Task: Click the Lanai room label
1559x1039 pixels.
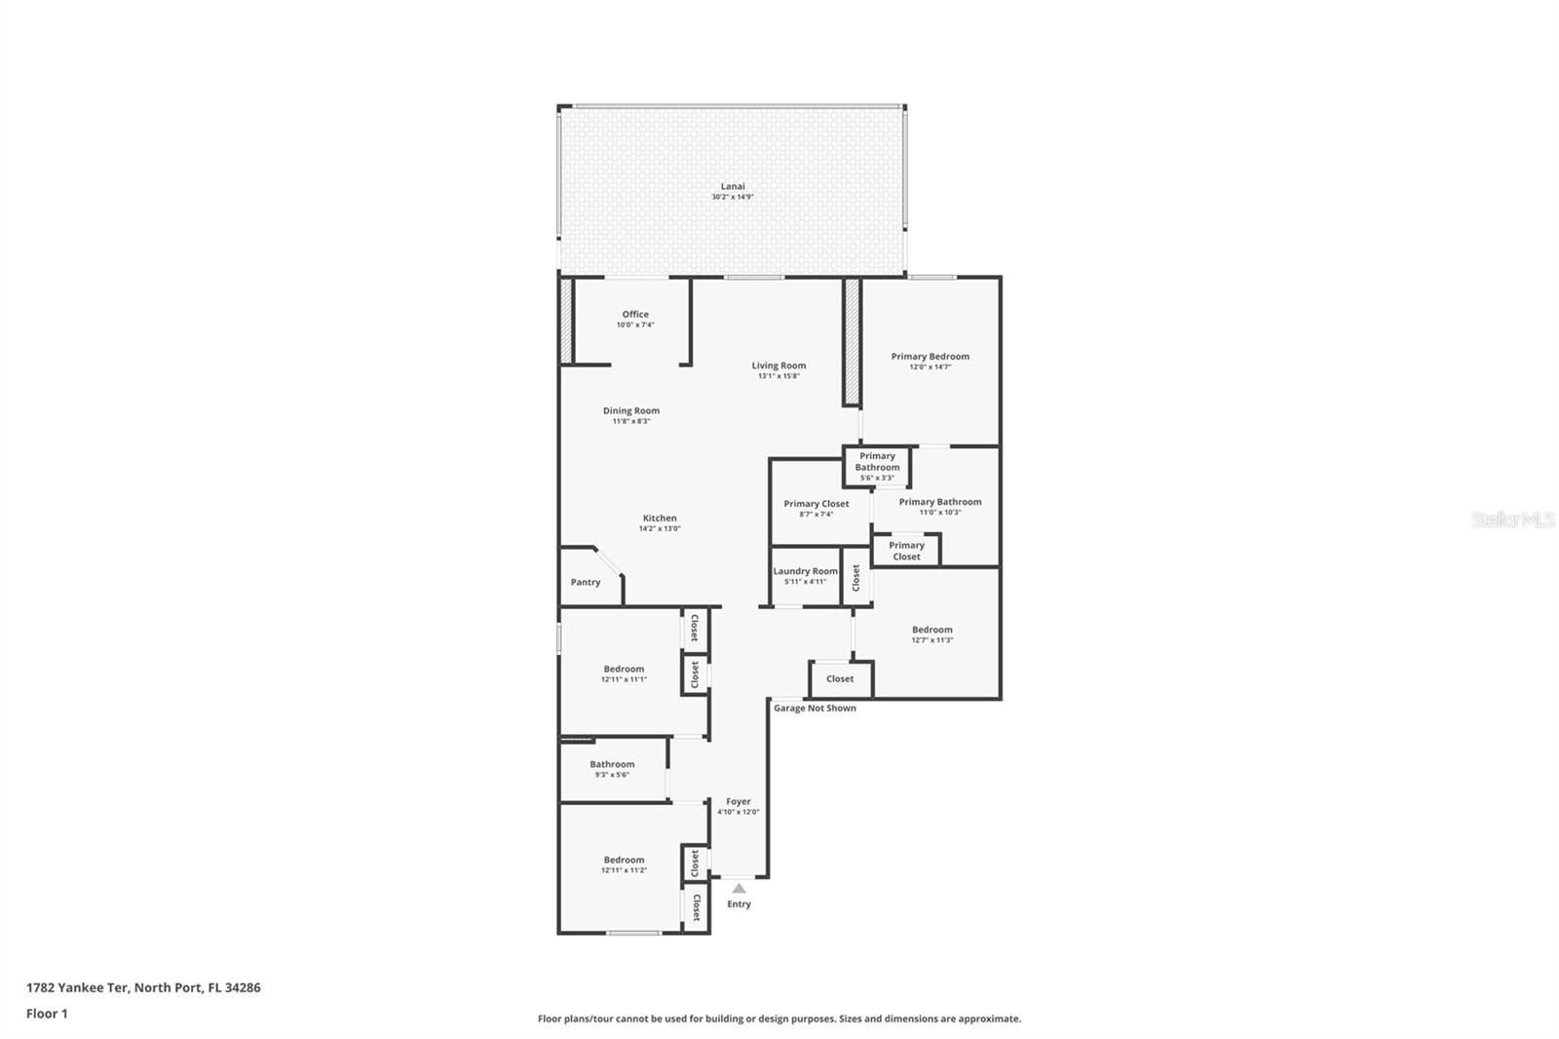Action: [x=733, y=186]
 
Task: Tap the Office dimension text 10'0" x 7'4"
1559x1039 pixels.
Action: [x=635, y=326]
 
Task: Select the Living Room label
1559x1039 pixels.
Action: [x=779, y=366]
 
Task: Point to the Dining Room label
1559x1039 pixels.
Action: [x=630, y=410]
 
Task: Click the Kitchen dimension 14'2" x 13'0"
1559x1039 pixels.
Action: [x=660, y=529]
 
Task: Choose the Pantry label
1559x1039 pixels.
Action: [x=586, y=582]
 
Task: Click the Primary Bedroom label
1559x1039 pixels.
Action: [x=930, y=356]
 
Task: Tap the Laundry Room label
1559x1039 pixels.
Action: [x=805, y=571]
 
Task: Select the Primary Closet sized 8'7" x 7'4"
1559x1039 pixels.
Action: [x=817, y=504]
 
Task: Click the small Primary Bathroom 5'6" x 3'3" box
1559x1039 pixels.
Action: [x=877, y=467]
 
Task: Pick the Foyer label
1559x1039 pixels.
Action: [x=738, y=801]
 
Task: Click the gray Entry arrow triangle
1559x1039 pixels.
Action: [x=739, y=888]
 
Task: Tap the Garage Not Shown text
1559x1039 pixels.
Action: [x=815, y=709]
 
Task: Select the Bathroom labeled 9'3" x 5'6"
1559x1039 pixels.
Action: [x=612, y=764]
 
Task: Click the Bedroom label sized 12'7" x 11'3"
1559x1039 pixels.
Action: [x=932, y=630]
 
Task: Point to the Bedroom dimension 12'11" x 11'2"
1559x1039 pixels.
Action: [x=624, y=870]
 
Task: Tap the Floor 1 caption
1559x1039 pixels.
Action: [x=47, y=1014]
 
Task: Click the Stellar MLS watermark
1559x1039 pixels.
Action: [x=1512, y=519]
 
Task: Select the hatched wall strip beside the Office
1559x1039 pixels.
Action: [x=566, y=322]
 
